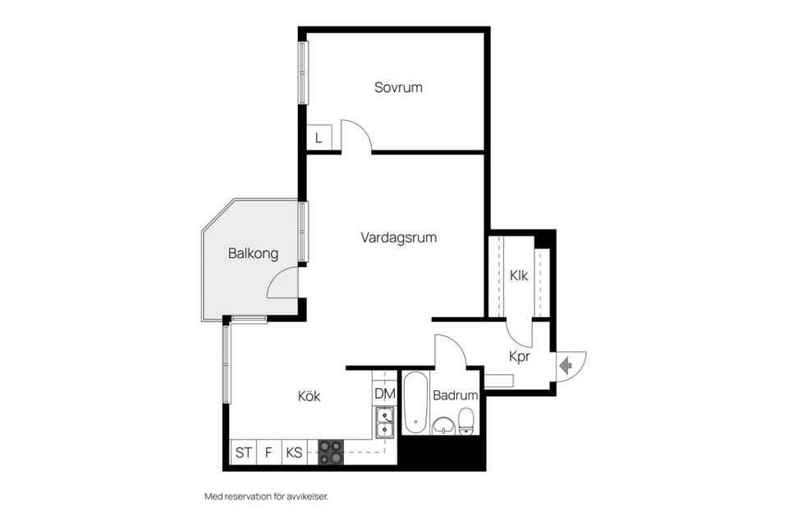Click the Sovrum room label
(398, 87)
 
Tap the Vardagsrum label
(399, 238)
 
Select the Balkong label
(253, 253)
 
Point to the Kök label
(309, 396)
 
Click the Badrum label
(456, 395)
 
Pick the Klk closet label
(519, 276)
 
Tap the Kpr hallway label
(520, 357)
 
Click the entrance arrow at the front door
(566, 365)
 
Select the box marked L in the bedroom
(318, 137)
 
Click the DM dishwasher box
(385, 394)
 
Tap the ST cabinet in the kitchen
(243, 453)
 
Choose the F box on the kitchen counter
(269, 453)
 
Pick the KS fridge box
(294, 453)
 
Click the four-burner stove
(331, 452)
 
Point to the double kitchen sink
(385, 422)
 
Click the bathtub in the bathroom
(416, 403)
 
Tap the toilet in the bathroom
(466, 421)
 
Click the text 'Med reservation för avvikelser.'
(266, 496)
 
